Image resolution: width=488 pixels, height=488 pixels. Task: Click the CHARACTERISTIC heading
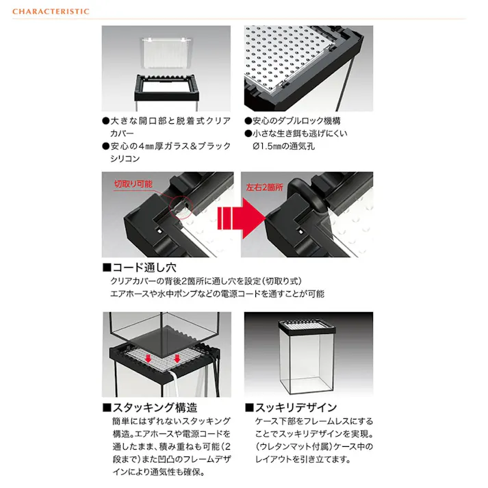point(51,12)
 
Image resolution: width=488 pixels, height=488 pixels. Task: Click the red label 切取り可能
point(133,184)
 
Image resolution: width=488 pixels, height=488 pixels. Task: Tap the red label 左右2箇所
point(265,187)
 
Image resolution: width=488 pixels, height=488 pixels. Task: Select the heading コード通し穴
point(140,268)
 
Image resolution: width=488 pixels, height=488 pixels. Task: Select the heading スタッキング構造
point(151,407)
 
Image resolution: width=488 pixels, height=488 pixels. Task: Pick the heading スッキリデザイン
point(291,407)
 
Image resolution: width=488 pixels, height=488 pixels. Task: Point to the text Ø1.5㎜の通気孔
point(284,146)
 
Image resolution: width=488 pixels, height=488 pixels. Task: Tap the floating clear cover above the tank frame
point(167,53)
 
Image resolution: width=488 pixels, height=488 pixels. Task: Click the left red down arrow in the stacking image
point(149,359)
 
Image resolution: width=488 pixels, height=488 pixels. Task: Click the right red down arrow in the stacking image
point(177,359)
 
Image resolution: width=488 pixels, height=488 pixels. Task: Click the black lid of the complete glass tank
point(307,325)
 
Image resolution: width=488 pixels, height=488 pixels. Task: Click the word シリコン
point(125,159)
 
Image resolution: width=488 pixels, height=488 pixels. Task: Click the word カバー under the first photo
point(122,133)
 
